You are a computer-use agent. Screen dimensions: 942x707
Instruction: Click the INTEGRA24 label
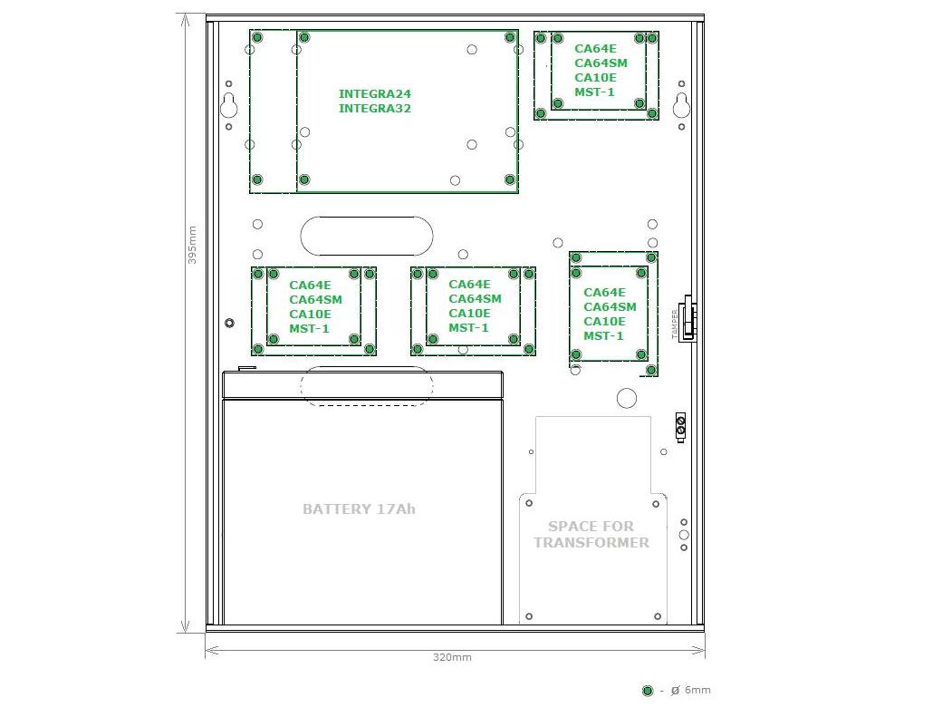click(375, 93)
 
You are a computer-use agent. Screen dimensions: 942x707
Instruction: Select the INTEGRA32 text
click(375, 108)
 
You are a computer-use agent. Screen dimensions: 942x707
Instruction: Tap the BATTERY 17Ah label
click(360, 509)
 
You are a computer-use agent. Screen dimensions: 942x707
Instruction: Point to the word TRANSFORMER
click(591, 542)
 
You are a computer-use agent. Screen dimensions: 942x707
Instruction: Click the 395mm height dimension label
click(192, 245)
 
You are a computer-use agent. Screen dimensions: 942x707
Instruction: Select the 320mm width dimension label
click(452, 657)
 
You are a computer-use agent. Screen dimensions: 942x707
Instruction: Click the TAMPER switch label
click(675, 324)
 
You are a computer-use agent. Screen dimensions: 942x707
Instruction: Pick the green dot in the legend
click(648, 691)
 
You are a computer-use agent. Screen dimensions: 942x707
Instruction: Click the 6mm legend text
click(697, 690)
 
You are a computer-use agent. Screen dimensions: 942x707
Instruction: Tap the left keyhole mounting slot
click(228, 106)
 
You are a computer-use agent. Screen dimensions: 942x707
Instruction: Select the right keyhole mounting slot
click(681, 106)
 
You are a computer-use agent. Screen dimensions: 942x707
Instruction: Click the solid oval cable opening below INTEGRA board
click(367, 237)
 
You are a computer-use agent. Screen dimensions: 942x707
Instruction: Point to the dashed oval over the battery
click(367, 386)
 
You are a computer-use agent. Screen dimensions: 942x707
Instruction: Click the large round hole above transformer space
click(627, 398)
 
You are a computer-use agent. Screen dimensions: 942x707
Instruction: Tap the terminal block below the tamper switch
click(680, 428)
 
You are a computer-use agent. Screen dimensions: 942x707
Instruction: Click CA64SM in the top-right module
click(601, 63)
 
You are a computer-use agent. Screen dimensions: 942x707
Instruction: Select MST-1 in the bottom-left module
click(310, 329)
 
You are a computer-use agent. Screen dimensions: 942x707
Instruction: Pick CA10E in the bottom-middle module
click(470, 314)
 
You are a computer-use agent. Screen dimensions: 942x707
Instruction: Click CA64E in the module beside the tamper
click(605, 292)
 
